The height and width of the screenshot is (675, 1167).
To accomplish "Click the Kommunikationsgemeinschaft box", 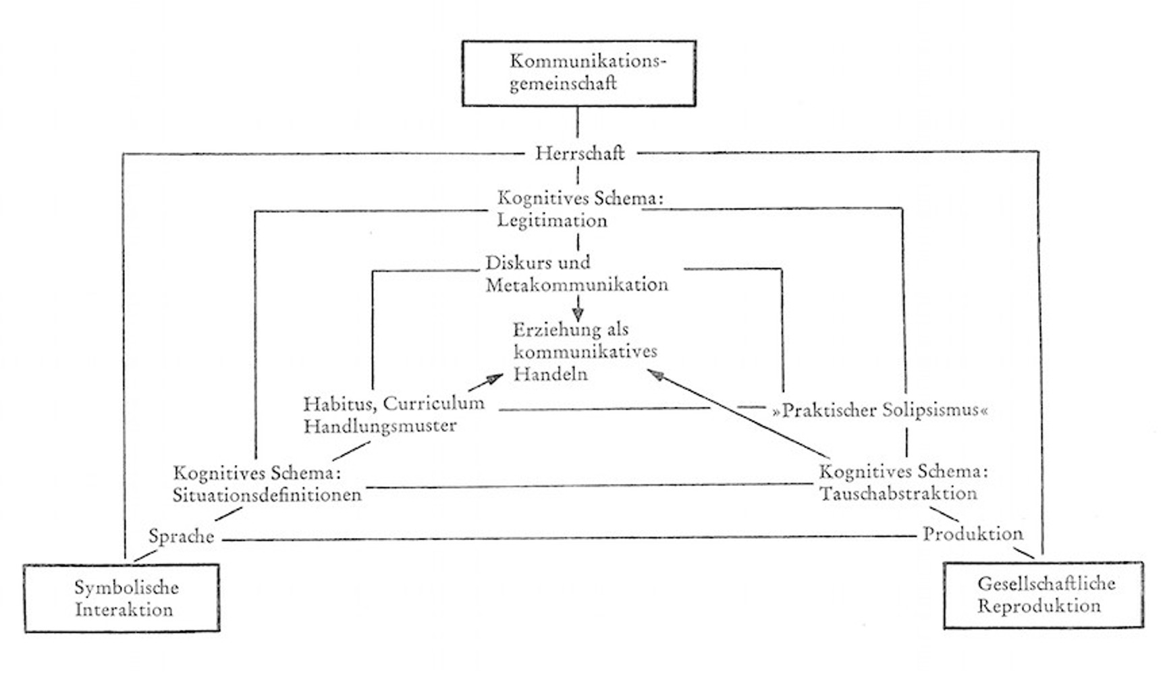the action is tap(578, 73).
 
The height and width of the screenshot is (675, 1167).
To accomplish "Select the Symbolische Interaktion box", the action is tap(121, 598).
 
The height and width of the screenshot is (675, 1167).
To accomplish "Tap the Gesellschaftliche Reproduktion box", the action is tap(1043, 595).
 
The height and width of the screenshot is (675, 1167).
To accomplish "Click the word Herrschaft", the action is tap(580, 153).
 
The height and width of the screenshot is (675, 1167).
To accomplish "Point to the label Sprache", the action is tap(182, 537).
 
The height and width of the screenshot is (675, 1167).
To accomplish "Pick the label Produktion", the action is tap(973, 534).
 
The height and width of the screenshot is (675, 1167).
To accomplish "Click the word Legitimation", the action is tap(552, 221).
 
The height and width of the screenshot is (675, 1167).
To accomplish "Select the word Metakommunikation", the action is tap(577, 285).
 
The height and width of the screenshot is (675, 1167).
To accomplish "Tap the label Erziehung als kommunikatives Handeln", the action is tap(585, 352).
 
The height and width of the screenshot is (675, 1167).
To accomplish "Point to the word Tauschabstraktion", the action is tap(898, 493).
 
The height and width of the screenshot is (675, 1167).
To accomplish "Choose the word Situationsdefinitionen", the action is tap(267, 495).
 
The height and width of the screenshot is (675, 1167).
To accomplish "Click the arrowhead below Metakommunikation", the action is tap(578, 314).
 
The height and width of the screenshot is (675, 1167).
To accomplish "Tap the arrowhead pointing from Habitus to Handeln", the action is tap(495, 379).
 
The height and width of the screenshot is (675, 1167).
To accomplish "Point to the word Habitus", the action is tap(340, 404).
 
